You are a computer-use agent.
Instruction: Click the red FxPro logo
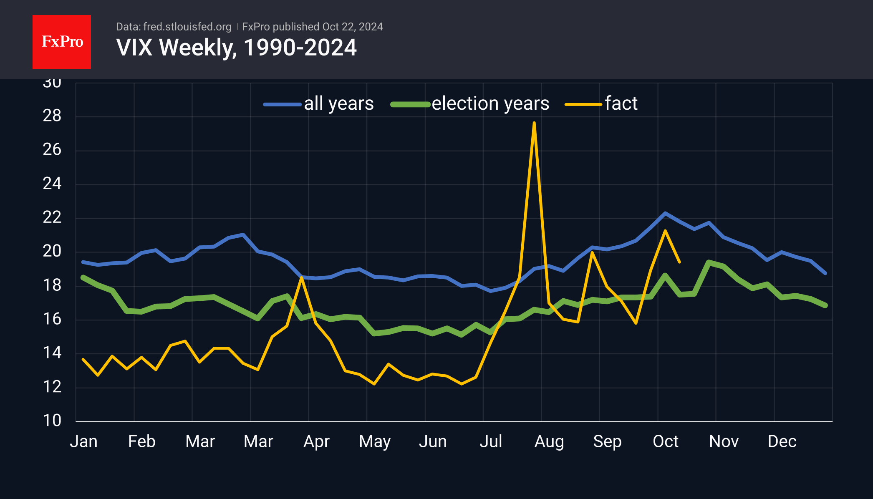[x=62, y=42]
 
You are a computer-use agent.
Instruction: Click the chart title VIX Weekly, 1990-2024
[x=236, y=48]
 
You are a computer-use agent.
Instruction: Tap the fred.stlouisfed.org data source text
[x=187, y=27]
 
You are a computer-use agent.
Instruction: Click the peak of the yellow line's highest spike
[x=534, y=123]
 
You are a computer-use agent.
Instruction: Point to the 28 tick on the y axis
[x=52, y=116]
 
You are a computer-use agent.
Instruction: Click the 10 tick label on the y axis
[x=52, y=421]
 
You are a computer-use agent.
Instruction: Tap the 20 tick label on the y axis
[x=52, y=251]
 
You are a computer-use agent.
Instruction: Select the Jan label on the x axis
[x=83, y=441]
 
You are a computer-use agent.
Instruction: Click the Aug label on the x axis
[x=549, y=441]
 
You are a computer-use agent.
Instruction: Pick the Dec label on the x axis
[x=782, y=441]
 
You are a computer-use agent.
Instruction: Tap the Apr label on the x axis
[x=316, y=441]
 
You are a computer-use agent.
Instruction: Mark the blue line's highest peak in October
[x=665, y=213]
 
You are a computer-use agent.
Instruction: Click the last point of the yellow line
[x=680, y=262]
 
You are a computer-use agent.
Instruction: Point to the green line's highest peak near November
[x=709, y=262]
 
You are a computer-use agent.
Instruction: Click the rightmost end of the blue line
[x=825, y=273]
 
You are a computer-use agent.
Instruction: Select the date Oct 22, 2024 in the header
[x=352, y=27]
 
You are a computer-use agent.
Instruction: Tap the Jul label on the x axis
[x=491, y=441]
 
